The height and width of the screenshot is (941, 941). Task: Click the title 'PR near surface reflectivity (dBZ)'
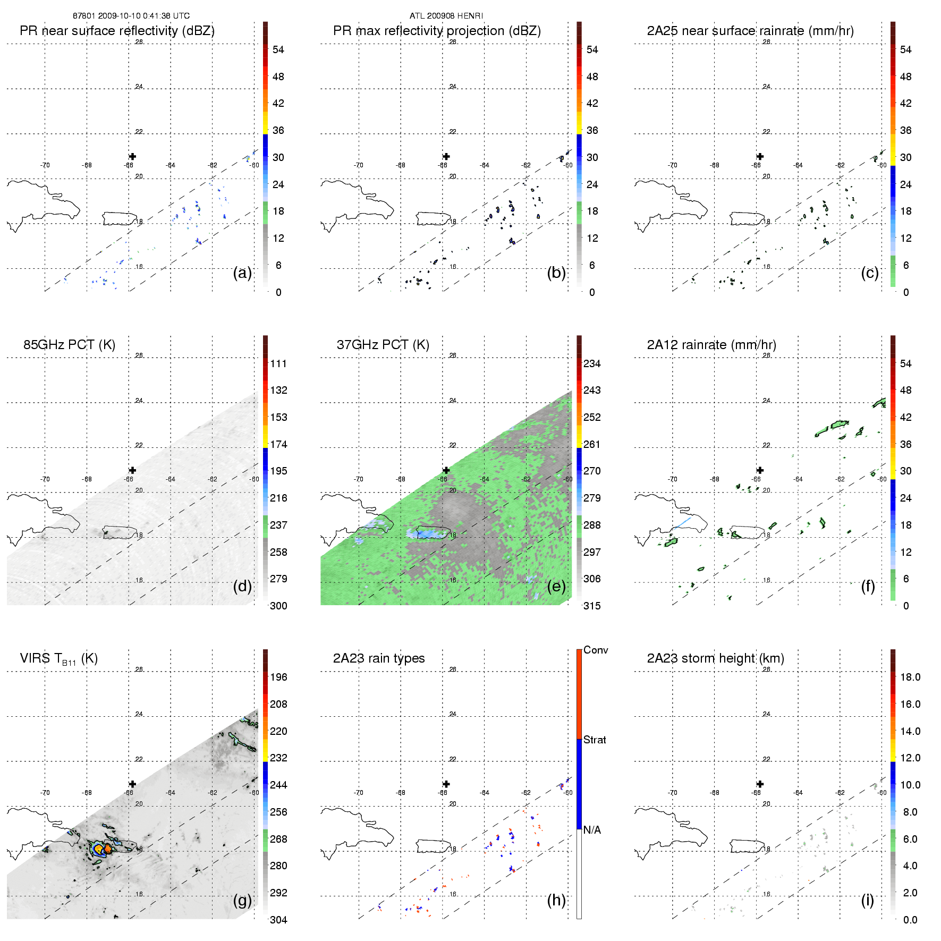click(117, 31)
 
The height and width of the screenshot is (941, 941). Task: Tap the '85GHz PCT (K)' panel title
click(69, 345)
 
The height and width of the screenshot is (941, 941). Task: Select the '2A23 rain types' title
click(378, 658)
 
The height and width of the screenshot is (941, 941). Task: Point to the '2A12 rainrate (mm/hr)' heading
click(711, 345)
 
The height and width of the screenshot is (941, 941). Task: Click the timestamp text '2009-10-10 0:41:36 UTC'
click(143, 16)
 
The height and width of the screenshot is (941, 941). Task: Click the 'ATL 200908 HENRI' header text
click(446, 16)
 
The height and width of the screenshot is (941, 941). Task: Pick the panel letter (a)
click(242, 273)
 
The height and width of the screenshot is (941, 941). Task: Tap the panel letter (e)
click(556, 587)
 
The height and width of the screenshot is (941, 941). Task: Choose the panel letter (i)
click(867, 901)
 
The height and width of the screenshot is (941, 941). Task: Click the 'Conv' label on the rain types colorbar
click(595, 650)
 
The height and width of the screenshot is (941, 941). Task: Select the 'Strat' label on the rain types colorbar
click(595, 740)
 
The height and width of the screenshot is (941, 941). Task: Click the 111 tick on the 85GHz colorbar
click(278, 364)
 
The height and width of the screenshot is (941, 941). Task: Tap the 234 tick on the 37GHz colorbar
click(592, 364)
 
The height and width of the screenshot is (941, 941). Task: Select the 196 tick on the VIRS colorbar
click(278, 677)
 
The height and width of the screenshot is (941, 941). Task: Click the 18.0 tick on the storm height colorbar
click(910, 677)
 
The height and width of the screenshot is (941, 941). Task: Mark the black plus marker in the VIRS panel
click(132, 784)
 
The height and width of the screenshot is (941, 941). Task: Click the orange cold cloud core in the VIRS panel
click(108, 849)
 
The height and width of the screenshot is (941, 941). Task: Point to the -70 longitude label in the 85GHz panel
click(45, 479)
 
